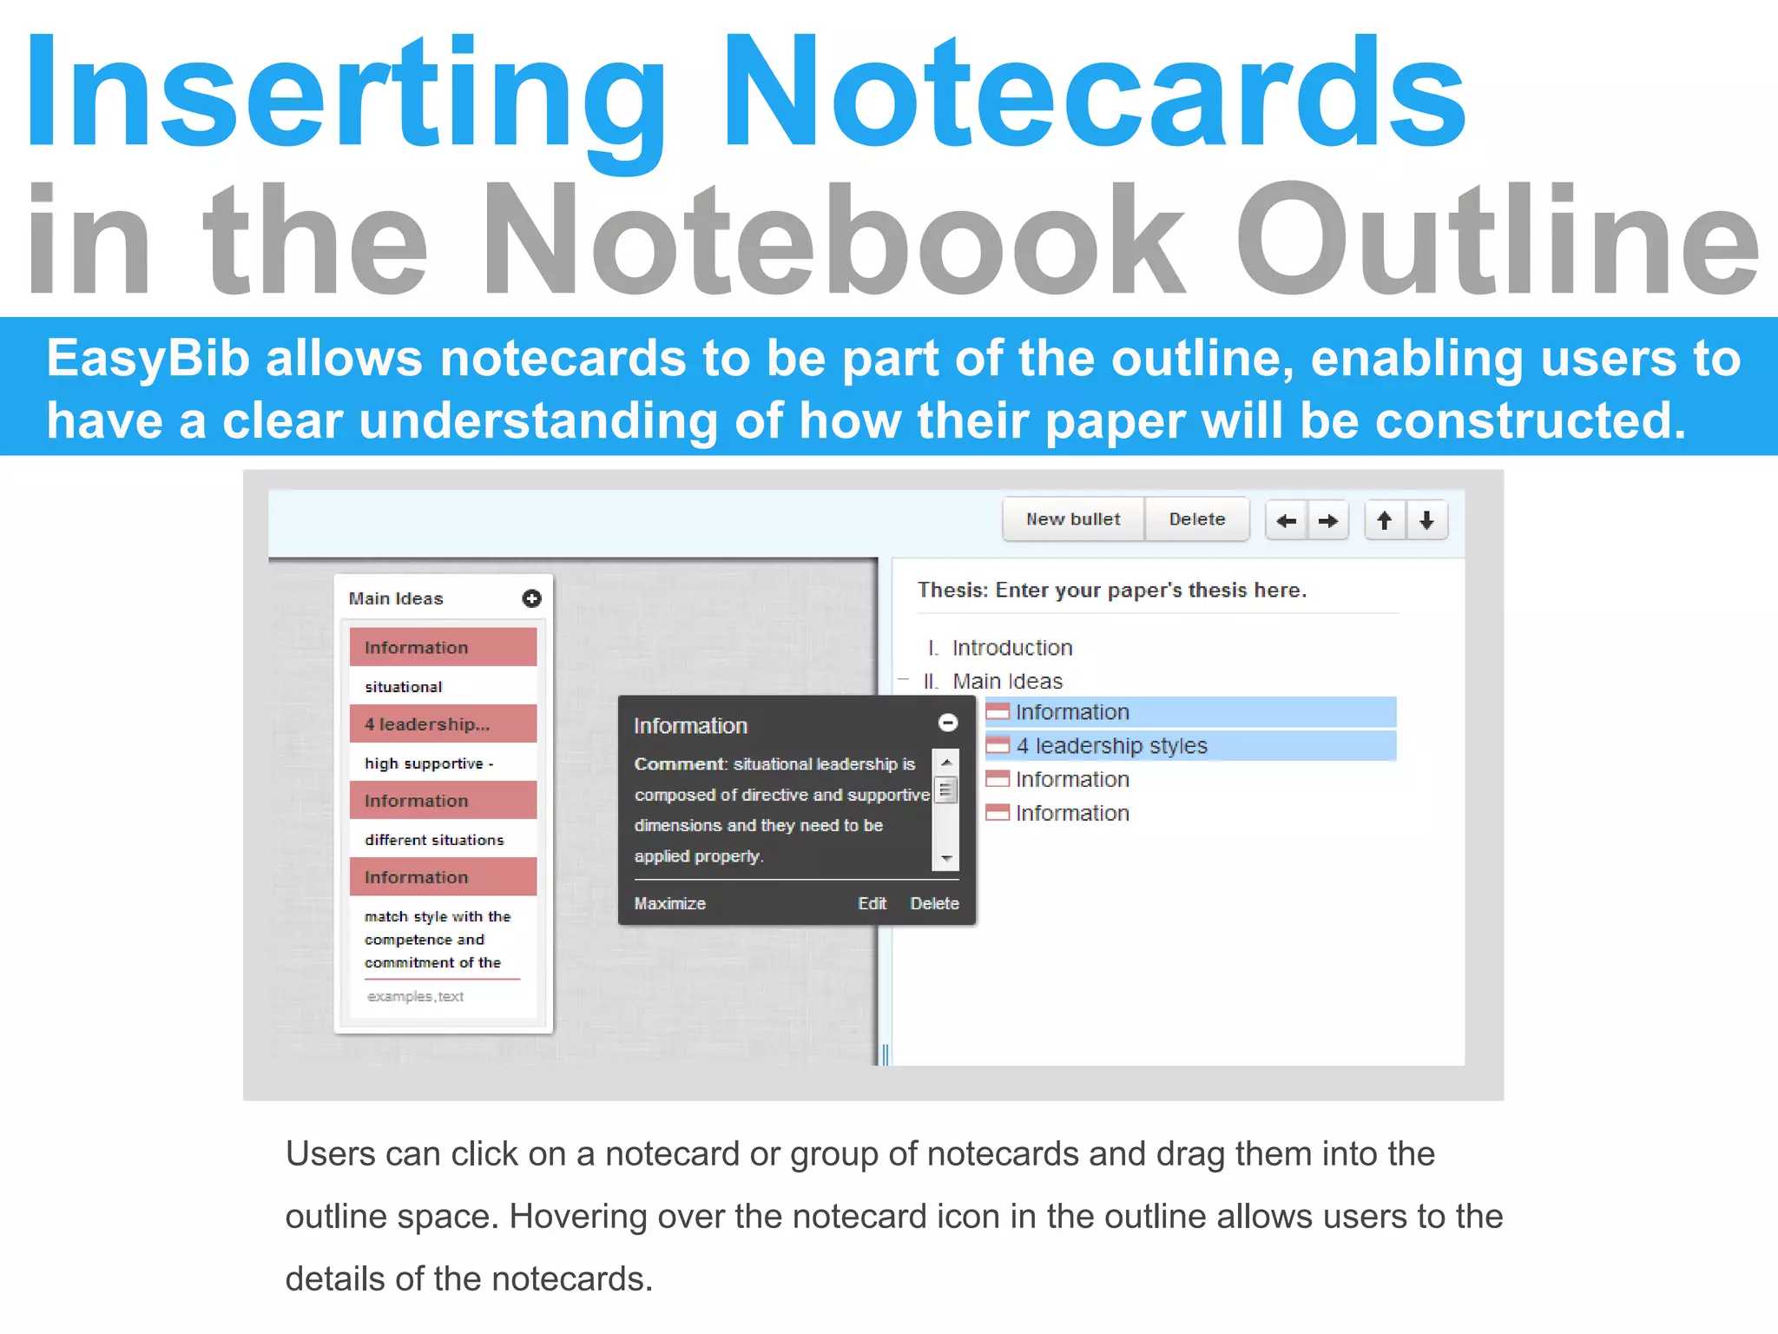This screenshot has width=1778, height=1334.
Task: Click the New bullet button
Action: tap(1073, 519)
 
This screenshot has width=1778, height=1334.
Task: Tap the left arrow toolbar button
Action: tap(1287, 521)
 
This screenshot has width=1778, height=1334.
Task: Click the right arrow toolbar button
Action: tap(1328, 521)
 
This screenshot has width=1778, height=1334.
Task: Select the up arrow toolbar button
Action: tap(1385, 521)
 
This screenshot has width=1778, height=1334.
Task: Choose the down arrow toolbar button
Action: tap(1426, 521)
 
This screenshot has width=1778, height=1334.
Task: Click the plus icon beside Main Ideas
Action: tap(531, 598)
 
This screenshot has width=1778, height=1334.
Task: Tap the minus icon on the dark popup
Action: tap(948, 723)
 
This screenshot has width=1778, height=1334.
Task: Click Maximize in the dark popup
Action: tap(669, 903)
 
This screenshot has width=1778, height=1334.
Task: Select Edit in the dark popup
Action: tap(872, 903)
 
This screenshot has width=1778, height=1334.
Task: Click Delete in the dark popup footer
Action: tap(934, 903)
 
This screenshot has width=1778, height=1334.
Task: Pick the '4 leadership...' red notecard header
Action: tap(443, 723)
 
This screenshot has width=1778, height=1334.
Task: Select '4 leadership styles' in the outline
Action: tap(1111, 746)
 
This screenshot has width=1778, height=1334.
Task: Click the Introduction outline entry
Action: tap(1011, 648)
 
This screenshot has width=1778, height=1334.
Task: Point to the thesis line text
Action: tap(1111, 591)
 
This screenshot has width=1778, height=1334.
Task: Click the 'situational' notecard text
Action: tap(403, 687)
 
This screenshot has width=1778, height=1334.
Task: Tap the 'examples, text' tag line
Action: tap(415, 996)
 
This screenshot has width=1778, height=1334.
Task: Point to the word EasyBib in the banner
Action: tap(148, 358)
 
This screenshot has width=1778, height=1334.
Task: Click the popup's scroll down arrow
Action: tap(946, 858)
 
